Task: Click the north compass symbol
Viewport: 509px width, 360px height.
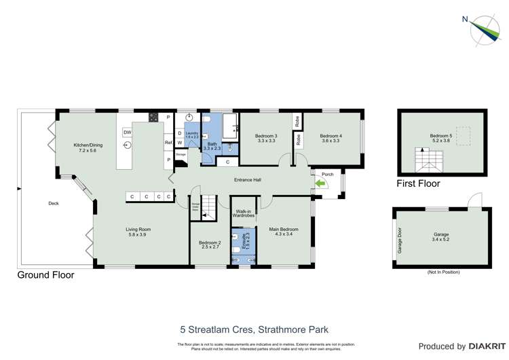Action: pos(483,29)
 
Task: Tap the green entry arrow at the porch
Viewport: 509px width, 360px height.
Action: pos(320,183)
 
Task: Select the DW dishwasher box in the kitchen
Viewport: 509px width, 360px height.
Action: pos(127,132)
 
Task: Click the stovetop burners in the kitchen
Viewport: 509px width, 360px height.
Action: pos(154,117)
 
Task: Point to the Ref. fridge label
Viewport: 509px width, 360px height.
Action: pos(168,143)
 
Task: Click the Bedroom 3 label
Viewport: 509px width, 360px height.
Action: pos(265,139)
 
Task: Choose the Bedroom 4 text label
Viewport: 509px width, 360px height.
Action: pos(331,139)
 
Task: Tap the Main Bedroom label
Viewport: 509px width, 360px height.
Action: pos(283,232)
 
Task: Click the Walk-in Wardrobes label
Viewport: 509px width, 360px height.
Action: pos(244,214)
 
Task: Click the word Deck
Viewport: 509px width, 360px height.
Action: pos(54,203)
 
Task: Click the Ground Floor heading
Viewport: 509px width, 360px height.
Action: pos(46,275)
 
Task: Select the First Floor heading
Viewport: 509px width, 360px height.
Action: pos(418,183)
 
